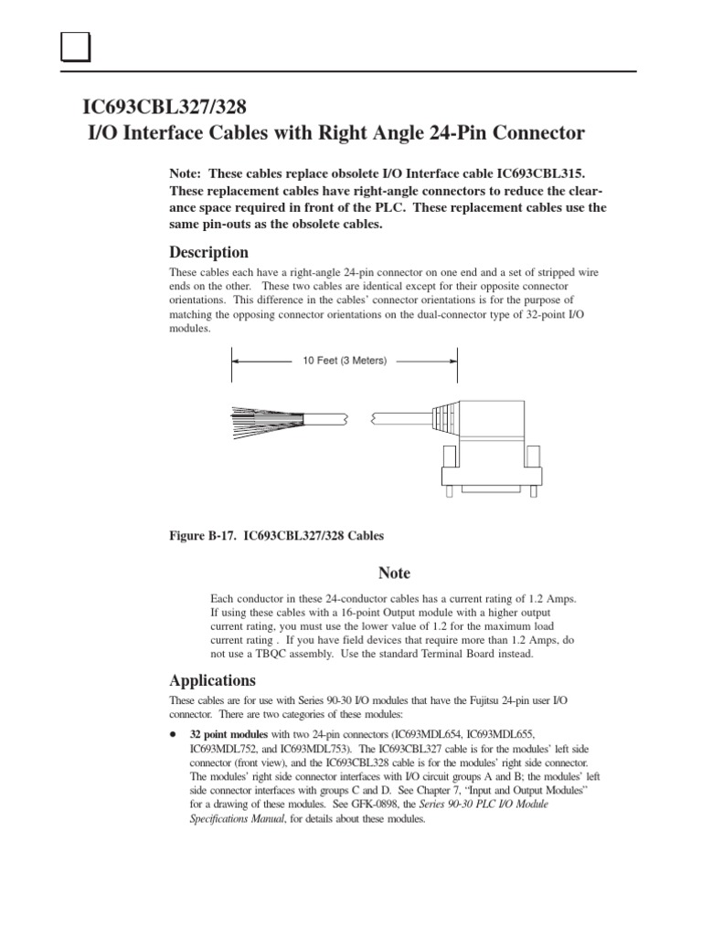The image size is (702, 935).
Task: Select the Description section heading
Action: pos(208,252)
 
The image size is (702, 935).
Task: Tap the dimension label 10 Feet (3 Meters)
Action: pos(345,361)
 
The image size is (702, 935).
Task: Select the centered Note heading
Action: pos(394,573)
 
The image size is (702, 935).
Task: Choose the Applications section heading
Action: pos(212,680)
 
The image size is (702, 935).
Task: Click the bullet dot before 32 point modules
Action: pos(174,734)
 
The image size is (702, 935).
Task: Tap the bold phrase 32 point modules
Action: pos(228,734)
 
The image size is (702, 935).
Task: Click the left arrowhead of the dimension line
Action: pos(236,361)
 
